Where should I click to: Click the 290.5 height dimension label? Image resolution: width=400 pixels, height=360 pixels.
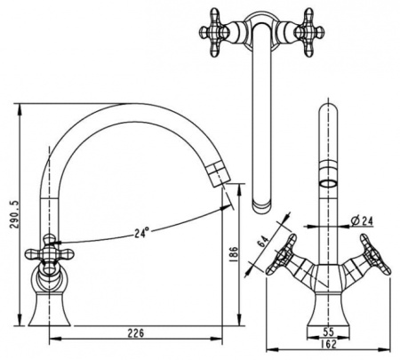click(x=15, y=214)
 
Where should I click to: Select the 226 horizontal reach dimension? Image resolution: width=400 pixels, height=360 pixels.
click(x=136, y=333)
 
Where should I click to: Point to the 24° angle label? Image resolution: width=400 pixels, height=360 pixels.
click(x=141, y=233)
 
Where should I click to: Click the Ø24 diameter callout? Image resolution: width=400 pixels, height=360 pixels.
click(x=362, y=220)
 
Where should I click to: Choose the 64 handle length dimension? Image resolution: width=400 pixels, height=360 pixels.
click(x=262, y=242)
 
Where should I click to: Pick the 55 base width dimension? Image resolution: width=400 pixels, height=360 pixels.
click(x=328, y=332)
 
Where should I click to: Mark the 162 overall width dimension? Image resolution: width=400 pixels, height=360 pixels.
click(x=328, y=344)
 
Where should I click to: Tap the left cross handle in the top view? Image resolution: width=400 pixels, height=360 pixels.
click(x=214, y=32)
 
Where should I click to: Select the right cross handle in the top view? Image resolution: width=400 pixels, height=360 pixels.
click(x=309, y=32)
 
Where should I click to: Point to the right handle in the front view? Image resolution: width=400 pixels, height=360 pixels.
click(x=375, y=254)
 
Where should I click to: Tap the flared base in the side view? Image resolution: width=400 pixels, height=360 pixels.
click(x=50, y=309)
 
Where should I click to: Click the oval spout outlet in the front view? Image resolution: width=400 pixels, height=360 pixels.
click(x=328, y=183)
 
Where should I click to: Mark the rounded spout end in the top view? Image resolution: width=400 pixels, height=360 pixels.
click(x=261, y=205)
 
